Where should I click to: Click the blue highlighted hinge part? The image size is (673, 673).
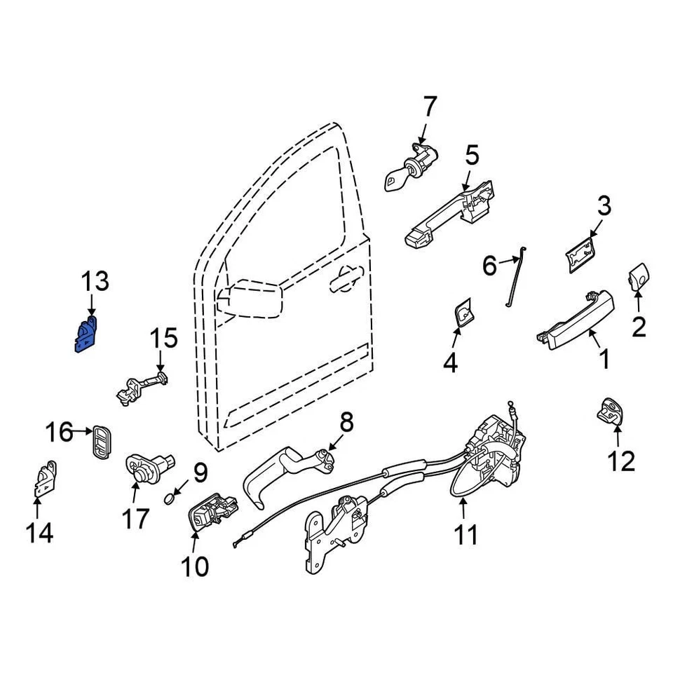[84, 334]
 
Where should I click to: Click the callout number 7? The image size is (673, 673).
[429, 108]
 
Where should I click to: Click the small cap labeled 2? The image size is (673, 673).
[637, 279]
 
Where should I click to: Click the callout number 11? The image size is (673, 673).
[465, 535]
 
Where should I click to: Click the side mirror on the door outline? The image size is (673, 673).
[250, 299]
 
